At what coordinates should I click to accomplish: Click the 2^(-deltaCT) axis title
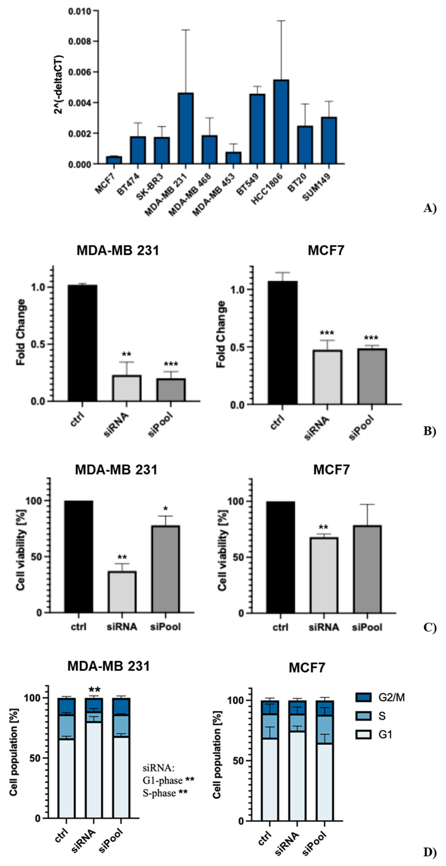click(59, 84)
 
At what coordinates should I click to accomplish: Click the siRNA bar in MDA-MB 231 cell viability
click(122, 592)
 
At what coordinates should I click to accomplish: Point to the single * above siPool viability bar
click(165, 509)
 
